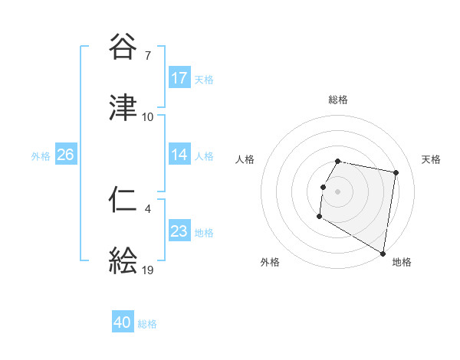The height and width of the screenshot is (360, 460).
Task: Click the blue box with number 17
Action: click(x=179, y=78)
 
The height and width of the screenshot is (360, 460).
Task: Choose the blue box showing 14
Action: click(x=179, y=155)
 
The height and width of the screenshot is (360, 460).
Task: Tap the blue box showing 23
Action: click(x=179, y=231)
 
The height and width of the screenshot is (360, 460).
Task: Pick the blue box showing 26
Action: click(x=65, y=155)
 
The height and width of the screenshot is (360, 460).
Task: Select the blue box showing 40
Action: click(x=123, y=323)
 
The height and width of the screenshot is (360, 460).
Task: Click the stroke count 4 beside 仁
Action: click(x=147, y=208)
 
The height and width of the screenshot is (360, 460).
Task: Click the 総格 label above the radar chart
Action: click(x=338, y=100)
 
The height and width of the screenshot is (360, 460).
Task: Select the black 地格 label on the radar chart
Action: click(x=402, y=262)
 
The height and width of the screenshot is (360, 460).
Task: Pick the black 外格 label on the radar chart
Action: click(x=270, y=262)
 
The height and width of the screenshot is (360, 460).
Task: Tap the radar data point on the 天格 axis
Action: click(x=396, y=173)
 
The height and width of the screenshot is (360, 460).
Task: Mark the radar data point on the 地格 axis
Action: click(x=383, y=253)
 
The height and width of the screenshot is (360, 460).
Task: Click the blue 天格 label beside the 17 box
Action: click(x=204, y=79)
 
